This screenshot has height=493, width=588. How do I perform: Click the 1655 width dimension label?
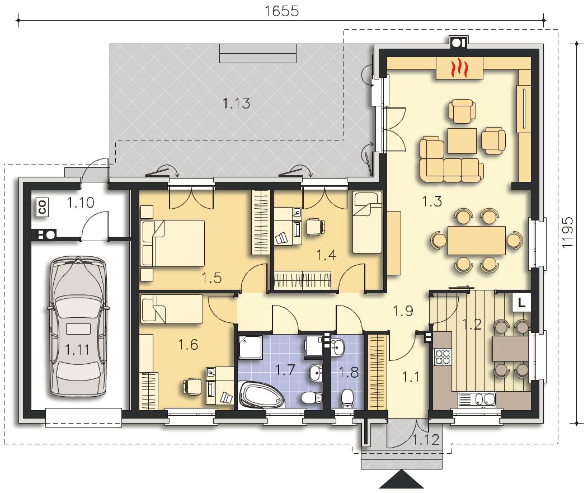(x=281, y=11)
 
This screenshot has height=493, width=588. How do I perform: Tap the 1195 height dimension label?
(x=568, y=232)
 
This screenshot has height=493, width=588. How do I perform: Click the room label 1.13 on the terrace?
(x=236, y=103)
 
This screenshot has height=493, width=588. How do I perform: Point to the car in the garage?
(x=78, y=326)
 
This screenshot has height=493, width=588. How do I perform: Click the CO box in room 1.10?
(x=42, y=208)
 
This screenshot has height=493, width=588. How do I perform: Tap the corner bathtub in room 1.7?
(x=262, y=395)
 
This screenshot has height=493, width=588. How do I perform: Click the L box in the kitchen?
(x=521, y=303)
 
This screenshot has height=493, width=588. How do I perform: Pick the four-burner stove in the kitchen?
(x=443, y=357)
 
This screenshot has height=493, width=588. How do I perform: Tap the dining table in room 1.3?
(x=476, y=240)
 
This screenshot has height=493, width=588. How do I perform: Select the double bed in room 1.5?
(x=172, y=243)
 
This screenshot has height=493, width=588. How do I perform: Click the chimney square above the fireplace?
(x=458, y=43)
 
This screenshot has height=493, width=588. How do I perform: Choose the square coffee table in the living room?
(x=462, y=141)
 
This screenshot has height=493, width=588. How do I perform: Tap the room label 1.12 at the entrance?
(x=426, y=440)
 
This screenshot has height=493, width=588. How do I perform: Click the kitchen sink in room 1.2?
(x=476, y=400)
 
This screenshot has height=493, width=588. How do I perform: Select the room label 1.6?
(x=188, y=344)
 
